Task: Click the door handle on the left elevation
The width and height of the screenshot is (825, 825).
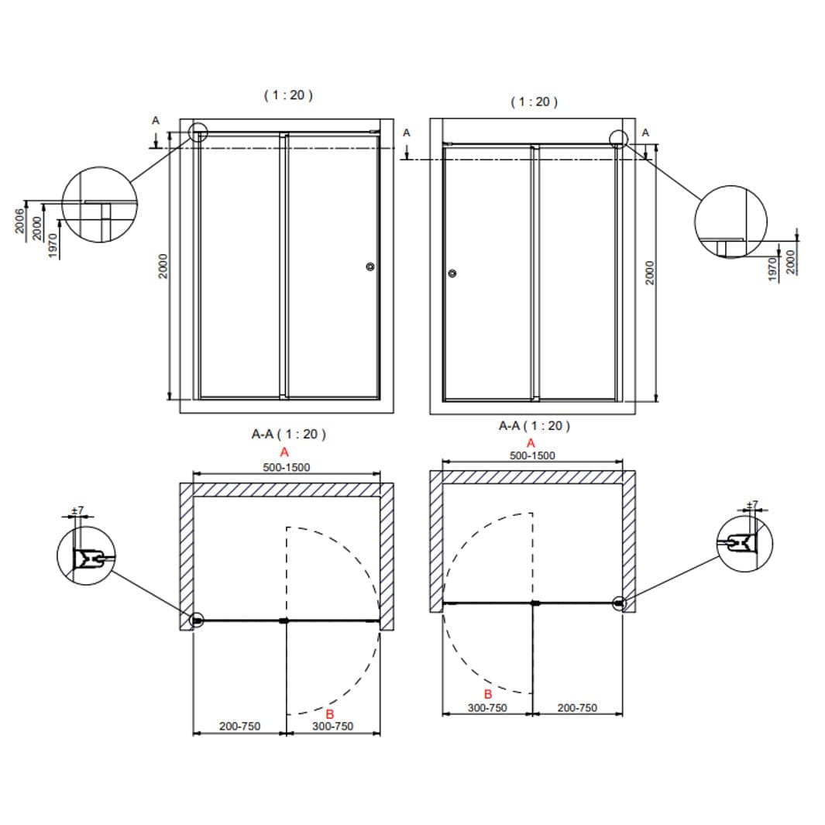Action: [x=370, y=266]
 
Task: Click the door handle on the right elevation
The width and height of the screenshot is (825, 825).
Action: [x=452, y=273]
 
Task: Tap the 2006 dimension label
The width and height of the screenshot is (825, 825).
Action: [x=19, y=221]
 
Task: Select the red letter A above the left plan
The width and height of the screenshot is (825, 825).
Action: [x=284, y=452]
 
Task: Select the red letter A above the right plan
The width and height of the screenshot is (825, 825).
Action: [x=531, y=443]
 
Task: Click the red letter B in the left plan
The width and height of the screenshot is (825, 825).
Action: [x=330, y=714]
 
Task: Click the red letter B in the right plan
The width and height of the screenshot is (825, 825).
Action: [x=488, y=695]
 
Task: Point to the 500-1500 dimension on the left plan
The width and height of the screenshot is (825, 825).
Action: [x=286, y=467]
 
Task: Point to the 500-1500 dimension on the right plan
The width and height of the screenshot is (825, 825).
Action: [x=532, y=455]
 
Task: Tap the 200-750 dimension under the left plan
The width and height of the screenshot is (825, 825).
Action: [x=240, y=726]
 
